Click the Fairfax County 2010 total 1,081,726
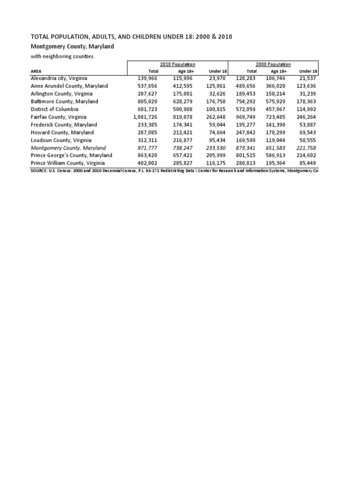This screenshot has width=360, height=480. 145,117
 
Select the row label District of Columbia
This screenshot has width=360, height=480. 54,109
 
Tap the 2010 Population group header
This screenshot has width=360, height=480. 178,64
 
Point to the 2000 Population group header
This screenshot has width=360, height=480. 273,64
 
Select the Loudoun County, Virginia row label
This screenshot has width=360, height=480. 61,140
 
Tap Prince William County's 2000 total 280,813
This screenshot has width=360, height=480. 243,163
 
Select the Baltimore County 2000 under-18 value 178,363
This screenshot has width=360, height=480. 306,101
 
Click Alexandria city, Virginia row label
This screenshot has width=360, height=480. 59,78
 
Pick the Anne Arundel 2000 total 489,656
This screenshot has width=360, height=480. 243,86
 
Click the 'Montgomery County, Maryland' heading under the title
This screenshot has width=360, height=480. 72,46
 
